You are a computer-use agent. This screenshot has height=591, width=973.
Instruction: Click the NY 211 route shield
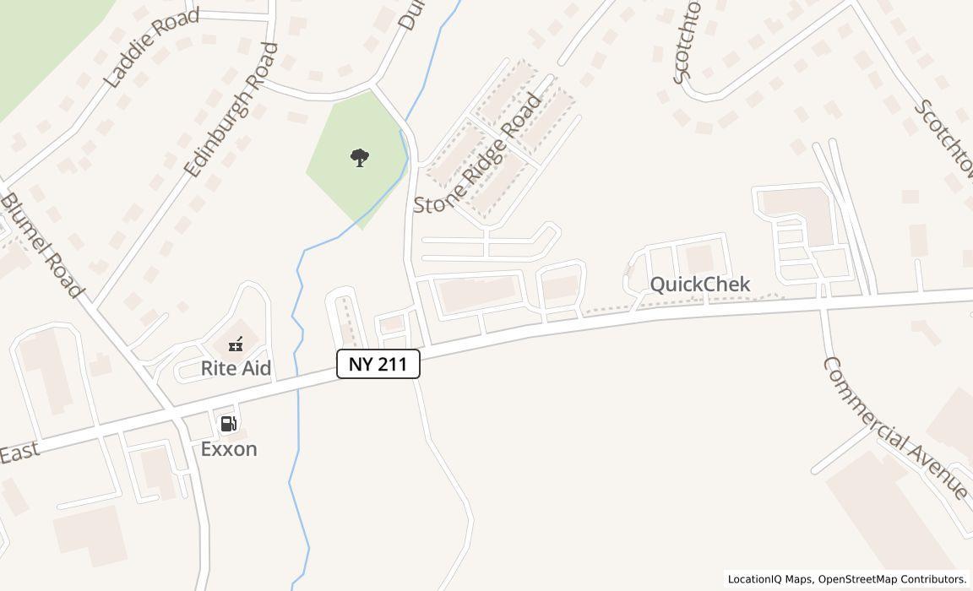[x=378, y=364]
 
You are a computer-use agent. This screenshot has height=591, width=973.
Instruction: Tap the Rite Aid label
[x=236, y=369]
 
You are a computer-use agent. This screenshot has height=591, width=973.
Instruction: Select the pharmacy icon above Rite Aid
[x=236, y=344]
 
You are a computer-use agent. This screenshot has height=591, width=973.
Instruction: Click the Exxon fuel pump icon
[x=228, y=423]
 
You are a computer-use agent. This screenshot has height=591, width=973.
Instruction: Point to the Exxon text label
[x=229, y=448]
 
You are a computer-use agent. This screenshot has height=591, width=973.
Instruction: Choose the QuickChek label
[x=699, y=284]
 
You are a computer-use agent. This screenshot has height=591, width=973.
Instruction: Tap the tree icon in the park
[x=360, y=157]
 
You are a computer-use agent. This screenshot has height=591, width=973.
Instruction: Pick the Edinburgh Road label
[x=230, y=111]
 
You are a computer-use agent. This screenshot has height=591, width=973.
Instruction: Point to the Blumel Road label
[x=42, y=246]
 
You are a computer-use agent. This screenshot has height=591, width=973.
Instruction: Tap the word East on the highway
[x=19, y=453]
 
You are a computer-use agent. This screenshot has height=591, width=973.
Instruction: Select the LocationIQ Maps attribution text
[x=770, y=579]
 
